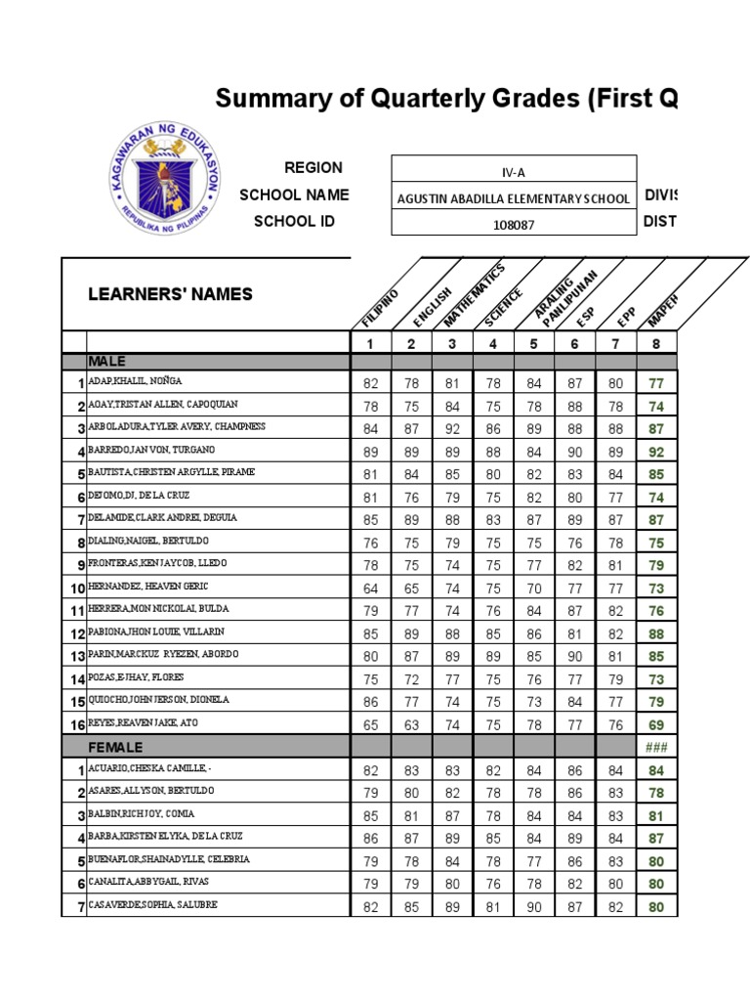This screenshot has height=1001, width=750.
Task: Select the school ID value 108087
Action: (x=513, y=223)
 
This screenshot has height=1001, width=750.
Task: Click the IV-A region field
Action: (x=513, y=172)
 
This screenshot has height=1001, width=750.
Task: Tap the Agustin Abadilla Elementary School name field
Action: (x=513, y=198)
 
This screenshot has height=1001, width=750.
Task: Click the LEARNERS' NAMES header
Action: (x=171, y=294)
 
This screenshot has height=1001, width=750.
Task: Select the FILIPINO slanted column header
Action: (x=380, y=307)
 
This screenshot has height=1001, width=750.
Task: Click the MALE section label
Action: (x=107, y=362)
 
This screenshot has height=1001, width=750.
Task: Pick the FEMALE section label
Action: (x=115, y=747)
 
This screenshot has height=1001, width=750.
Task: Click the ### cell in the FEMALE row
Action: (x=655, y=747)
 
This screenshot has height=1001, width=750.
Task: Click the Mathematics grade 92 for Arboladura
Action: (x=451, y=429)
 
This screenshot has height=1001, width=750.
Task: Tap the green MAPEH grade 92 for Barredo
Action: (x=655, y=452)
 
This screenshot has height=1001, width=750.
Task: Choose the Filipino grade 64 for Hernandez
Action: (x=370, y=588)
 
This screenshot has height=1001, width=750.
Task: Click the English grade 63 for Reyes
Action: (x=411, y=724)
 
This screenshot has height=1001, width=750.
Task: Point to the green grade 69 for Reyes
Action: (x=655, y=724)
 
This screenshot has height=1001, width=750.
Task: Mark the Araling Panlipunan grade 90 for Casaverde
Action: (x=533, y=906)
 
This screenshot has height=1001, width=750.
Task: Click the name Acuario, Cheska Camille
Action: (x=146, y=768)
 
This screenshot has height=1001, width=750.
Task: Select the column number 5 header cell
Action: (x=533, y=343)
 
